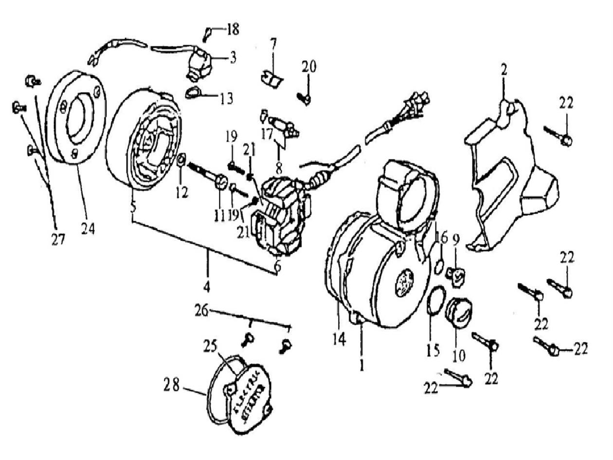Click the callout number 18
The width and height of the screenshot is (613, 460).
[232, 29]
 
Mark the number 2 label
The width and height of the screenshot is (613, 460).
[504, 70]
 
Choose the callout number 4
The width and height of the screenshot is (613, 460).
[207, 287]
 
